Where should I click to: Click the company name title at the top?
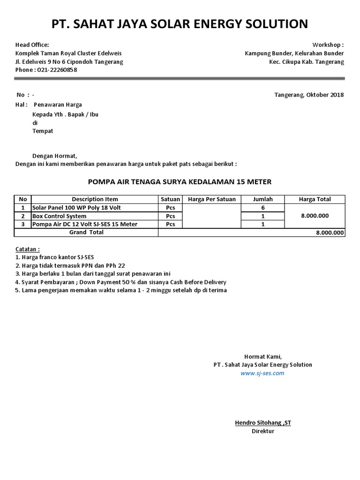pyautogui.click(x=180, y=24)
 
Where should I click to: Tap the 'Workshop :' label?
pyautogui.click(x=328, y=45)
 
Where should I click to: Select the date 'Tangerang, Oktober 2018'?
pyautogui.click(x=309, y=95)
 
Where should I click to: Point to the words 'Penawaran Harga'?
pyautogui.click(x=58, y=105)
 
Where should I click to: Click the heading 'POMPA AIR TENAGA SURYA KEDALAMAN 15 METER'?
pyautogui.click(x=180, y=181)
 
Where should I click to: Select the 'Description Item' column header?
pyautogui.click(x=95, y=199)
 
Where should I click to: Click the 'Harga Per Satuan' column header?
pyautogui.click(x=211, y=199)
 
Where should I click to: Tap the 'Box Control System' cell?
pyautogui.click(x=60, y=216)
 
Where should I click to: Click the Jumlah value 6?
pyautogui.click(x=263, y=208)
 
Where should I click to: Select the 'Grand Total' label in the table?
pyautogui.click(x=86, y=232)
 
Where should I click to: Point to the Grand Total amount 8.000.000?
pyautogui.click(x=330, y=232)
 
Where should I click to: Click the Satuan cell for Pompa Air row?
pyautogui.click(x=170, y=225)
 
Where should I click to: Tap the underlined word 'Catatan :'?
pyautogui.click(x=28, y=249)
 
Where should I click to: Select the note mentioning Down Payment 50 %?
pyautogui.click(x=121, y=282)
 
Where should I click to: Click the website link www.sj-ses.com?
pyautogui.click(x=262, y=373)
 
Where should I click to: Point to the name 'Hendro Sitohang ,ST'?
pyautogui.click(x=263, y=423)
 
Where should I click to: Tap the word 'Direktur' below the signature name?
pyautogui.click(x=263, y=431)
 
